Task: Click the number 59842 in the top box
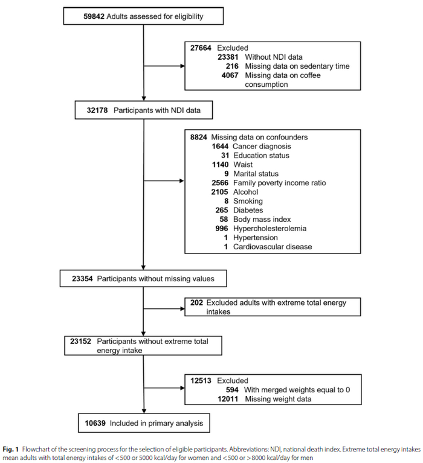pyautogui.click(x=94, y=16)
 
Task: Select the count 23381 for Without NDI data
pyautogui.click(x=228, y=57)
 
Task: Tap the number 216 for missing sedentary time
pyautogui.click(x=232, y=66)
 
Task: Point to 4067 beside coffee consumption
pyautogui.click(x=230, y=75)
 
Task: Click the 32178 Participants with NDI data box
pyautogui.click(x=144, y=110)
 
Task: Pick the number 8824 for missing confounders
pyautogui.click(x=199, y=137)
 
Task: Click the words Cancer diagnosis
pyautogui.click(x=262, y=146)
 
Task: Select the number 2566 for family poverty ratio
pyautogui.click(x=220, y=183)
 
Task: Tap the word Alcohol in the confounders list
pyautogui.click(x=245, y=192)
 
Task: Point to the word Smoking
pyautogui.click(x=248, y=201)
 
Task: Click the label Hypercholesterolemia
pyautogui.click(x=270, y=229)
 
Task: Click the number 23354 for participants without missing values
pyautogui.click(x=82, y=278)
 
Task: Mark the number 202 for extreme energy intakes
pyautogui.click(x=196, y=302)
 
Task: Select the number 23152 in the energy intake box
pyautogui.click(x=81, y=341)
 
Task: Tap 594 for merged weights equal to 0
pyautogui.click(x=232, y=390)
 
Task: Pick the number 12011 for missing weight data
pyautogui.click(x=228, y=399)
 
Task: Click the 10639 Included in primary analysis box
pyautogui.click(x=144, y=423)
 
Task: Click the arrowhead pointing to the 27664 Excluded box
pyautogui.click(x=182, y=66)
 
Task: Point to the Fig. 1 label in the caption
pyautogui.click(x=11, y=449)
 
